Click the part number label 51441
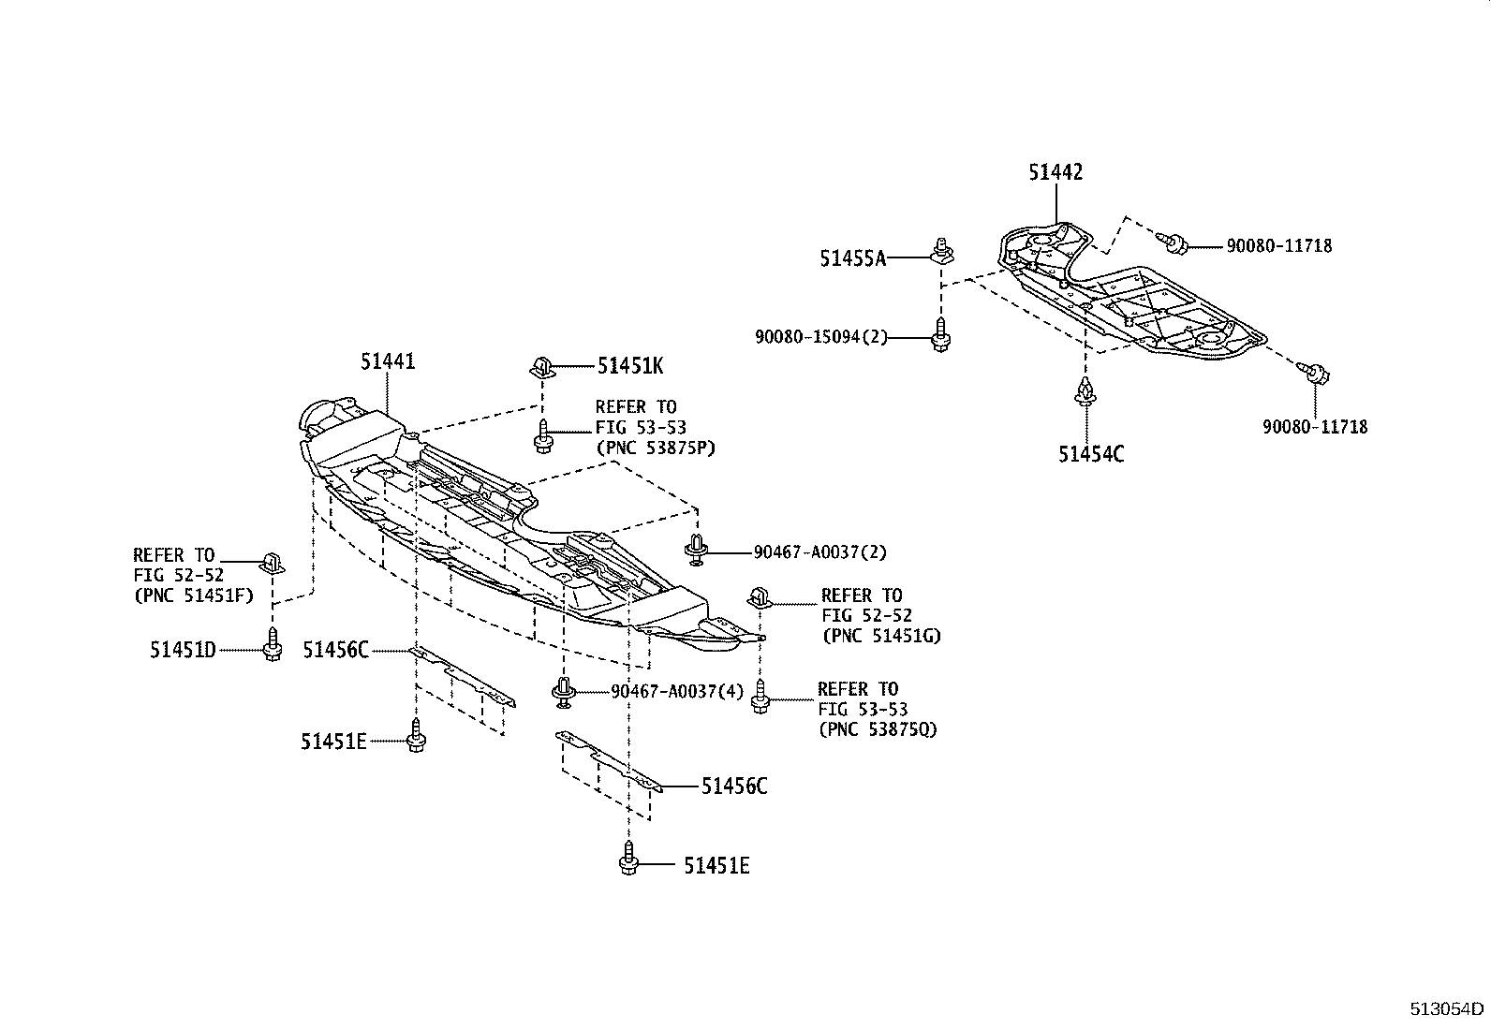(x=388, y=361)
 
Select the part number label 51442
(x=1055, y=172)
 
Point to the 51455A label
(x=852, y=258)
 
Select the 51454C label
(x=1091, y=454)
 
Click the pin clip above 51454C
(x=1085, y=393)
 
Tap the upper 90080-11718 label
(x=1279, y=246)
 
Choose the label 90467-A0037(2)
(x=819, y=552)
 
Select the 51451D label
(x=183, y=649)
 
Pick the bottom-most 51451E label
(x=716, y=867)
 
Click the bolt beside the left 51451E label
(x=415, y=739)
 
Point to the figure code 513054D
(x=1448, y=1008)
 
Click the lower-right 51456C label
(x=734, y=786)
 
